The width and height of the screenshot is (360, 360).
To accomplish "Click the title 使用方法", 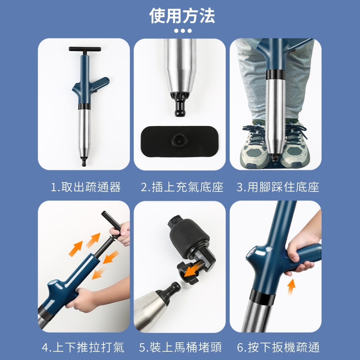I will click(x=182, y=16).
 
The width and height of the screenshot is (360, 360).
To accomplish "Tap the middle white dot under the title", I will click(x=183, y=31).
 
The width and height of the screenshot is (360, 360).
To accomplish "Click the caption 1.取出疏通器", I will click(x=86, y=187).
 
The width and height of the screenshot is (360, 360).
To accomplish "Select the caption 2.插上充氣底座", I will click(x=182, y=187).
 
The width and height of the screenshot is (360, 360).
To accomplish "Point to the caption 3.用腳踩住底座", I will click(x=278, y=187).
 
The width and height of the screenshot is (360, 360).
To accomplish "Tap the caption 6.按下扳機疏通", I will click(x=278, y=347).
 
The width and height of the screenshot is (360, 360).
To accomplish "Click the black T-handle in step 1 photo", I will click(x=85, y=49).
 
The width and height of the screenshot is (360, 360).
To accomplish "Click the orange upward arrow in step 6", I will click(x=291, y=286).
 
